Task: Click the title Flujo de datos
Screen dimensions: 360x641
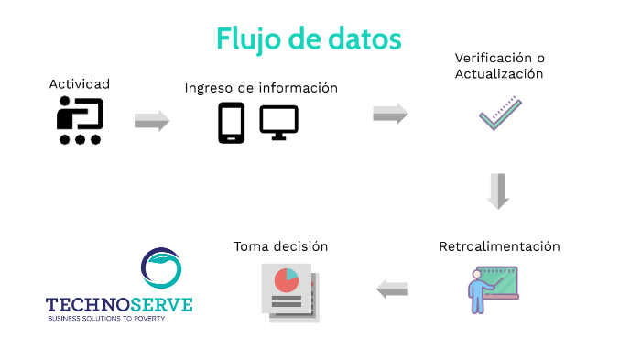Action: point(309,38)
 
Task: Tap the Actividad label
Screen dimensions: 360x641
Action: point(80,83)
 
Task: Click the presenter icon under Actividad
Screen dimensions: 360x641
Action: point(80,121)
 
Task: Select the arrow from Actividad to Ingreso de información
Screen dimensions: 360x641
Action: point(152,121)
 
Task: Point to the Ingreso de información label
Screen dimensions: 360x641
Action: point(261,88)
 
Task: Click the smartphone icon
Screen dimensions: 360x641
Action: point(231,123)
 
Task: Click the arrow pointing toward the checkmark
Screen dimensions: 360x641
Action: point(390,114)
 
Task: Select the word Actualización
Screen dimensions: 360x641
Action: point(500,73)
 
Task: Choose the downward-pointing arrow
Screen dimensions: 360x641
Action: point(498,191)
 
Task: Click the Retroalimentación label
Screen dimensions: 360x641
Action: point(499,246)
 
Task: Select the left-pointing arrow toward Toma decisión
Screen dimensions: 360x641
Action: point(392,289)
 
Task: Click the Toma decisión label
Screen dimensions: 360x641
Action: point(280,246)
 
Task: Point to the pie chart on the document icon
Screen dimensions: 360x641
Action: point(288,280)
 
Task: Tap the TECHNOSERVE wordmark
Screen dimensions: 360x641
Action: point(119,305)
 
